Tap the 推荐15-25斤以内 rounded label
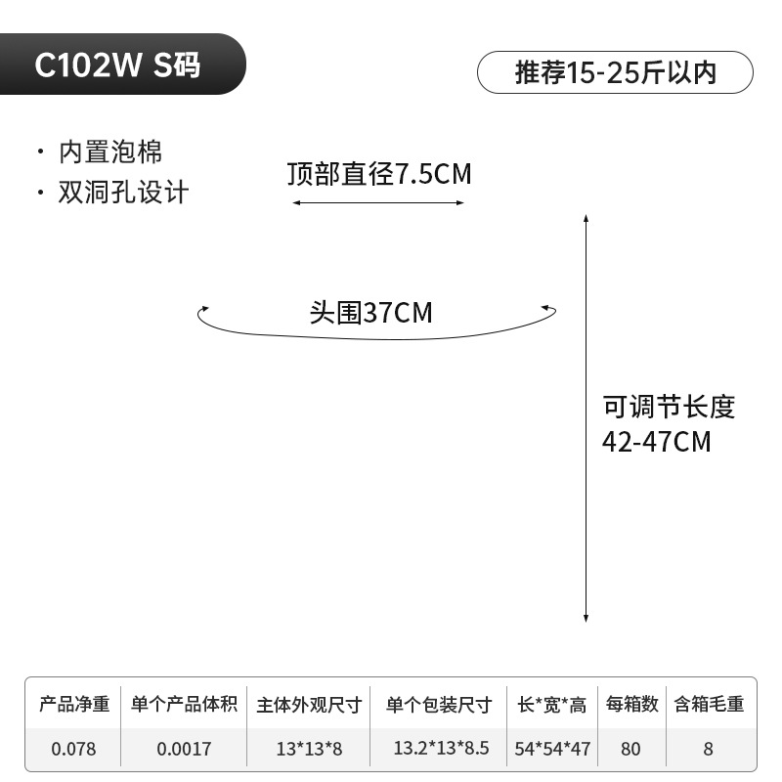(x=615, y=73)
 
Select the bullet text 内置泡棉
(x=110, y=152)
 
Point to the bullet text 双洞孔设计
(x=123, y=192)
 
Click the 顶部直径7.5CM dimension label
(x=379, y=175)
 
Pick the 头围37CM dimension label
(x=370, y=313)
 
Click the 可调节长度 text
(x=669, y=407)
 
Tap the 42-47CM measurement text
(x=656, y=442)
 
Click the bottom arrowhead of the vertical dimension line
(x=586, y=618)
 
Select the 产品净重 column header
(x=73, y=704)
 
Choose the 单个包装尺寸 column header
(x=439, y=705)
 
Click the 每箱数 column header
(x=630, y=704)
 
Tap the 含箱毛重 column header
(x=709, y=704)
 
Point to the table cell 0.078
(x=73, y=750)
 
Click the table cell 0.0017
(x=184, y=750)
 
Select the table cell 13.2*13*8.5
(x=441, y=750)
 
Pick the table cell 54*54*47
(x=552, y=750)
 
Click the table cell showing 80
(x=630, y=750)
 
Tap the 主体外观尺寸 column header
(x=309, y=705)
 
